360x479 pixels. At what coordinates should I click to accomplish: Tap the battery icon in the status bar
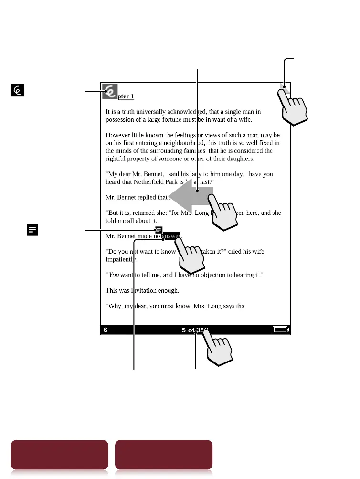coord(281,330)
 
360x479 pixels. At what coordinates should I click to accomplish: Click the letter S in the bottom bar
coord(106,330)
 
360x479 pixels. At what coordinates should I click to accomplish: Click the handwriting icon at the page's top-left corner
coord(110,90)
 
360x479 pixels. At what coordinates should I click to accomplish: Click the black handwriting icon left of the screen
coord(18,90)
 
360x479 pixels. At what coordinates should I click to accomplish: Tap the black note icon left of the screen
coord(32,230)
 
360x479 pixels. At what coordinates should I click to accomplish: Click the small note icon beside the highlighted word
coord(159,230)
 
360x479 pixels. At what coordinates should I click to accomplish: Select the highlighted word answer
coord(172,236)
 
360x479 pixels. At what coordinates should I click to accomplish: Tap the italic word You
coord(114,275)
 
